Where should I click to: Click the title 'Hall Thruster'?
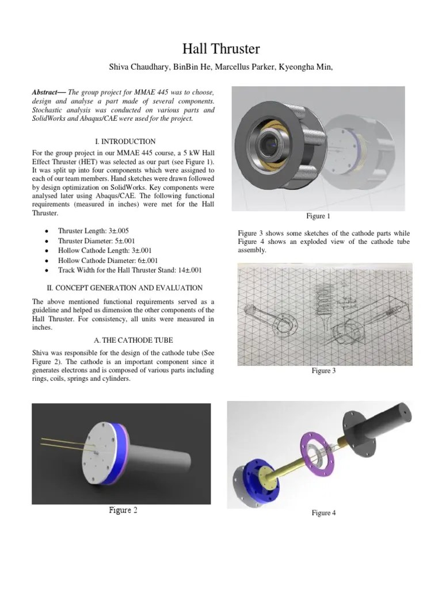click(x=220, y=49)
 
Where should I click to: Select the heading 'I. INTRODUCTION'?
click(x=124, y=141)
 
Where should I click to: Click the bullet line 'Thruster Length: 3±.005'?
click(x=94, y=231)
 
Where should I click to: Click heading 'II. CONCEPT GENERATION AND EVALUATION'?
click(x=124, y=288)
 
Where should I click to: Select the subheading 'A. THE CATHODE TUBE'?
click(x=124, y=339)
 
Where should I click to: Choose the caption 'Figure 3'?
click(x=324, y=371)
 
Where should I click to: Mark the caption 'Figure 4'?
click(x=324, y=512)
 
